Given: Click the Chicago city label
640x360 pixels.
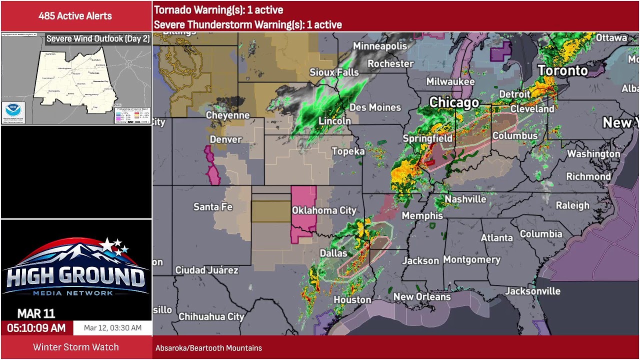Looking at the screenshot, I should [454, 102].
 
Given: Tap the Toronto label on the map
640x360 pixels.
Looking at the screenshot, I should [562, 70].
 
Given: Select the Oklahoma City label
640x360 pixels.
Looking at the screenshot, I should [324, 210].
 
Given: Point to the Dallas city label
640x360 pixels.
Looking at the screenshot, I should [333, 253].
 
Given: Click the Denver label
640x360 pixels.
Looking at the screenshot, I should [225, 139].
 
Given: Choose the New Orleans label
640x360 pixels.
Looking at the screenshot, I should [422, 296].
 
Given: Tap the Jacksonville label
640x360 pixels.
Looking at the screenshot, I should [532, 291].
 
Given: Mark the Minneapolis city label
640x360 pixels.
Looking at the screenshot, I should [380, 46].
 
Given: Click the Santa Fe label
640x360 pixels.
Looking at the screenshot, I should [213, 206].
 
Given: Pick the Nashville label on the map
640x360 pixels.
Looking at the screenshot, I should [465, 199].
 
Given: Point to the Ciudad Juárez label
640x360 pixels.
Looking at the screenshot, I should [206, 270].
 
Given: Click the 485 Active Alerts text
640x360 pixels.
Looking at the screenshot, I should [75, 16].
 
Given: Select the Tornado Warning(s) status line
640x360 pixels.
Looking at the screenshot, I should [218, 10].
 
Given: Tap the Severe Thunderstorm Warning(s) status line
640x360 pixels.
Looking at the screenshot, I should [248, 24].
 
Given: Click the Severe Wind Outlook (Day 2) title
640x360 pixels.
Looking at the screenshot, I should [98, 38].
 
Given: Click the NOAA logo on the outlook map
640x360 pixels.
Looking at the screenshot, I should [12, 110].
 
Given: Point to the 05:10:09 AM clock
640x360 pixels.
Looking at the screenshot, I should [36, 328].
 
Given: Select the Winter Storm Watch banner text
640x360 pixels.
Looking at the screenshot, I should [76, 347].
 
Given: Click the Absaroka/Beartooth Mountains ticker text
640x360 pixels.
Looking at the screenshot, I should [208, 348].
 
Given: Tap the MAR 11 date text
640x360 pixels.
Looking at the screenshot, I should [36, 313].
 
